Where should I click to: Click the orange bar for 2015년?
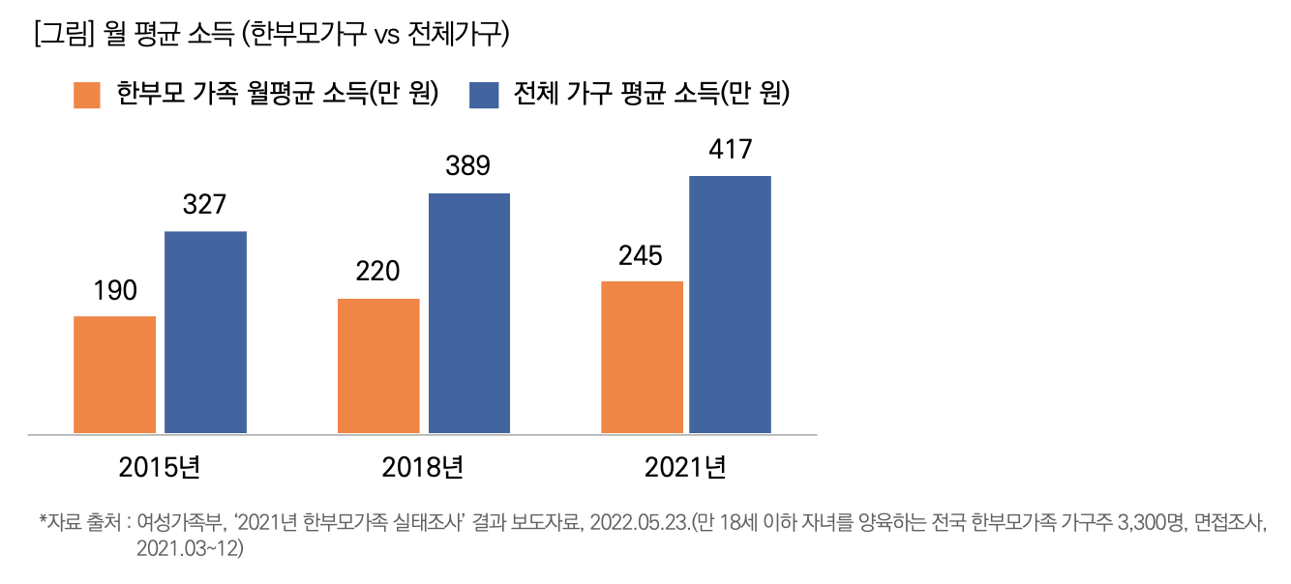(x=114, y=374)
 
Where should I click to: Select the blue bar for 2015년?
(x=205, y=332)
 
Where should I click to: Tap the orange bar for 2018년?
(x=378, y=365)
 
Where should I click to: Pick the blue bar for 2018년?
(x=469, y=313)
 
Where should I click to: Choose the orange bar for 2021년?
(x=642, y=357)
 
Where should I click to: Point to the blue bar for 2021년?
(x=730, y=305)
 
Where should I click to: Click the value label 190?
(x=115, y=290)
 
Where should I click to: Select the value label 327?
(x=204, y=205)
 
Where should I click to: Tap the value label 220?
(x=377, y=272)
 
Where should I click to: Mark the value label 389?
(x=468, y=166)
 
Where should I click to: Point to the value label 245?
(x=641, y=255)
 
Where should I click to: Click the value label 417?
(x=730, y=150)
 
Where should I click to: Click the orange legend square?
(x=87, y=95)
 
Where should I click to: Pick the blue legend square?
(x=483, y=95)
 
